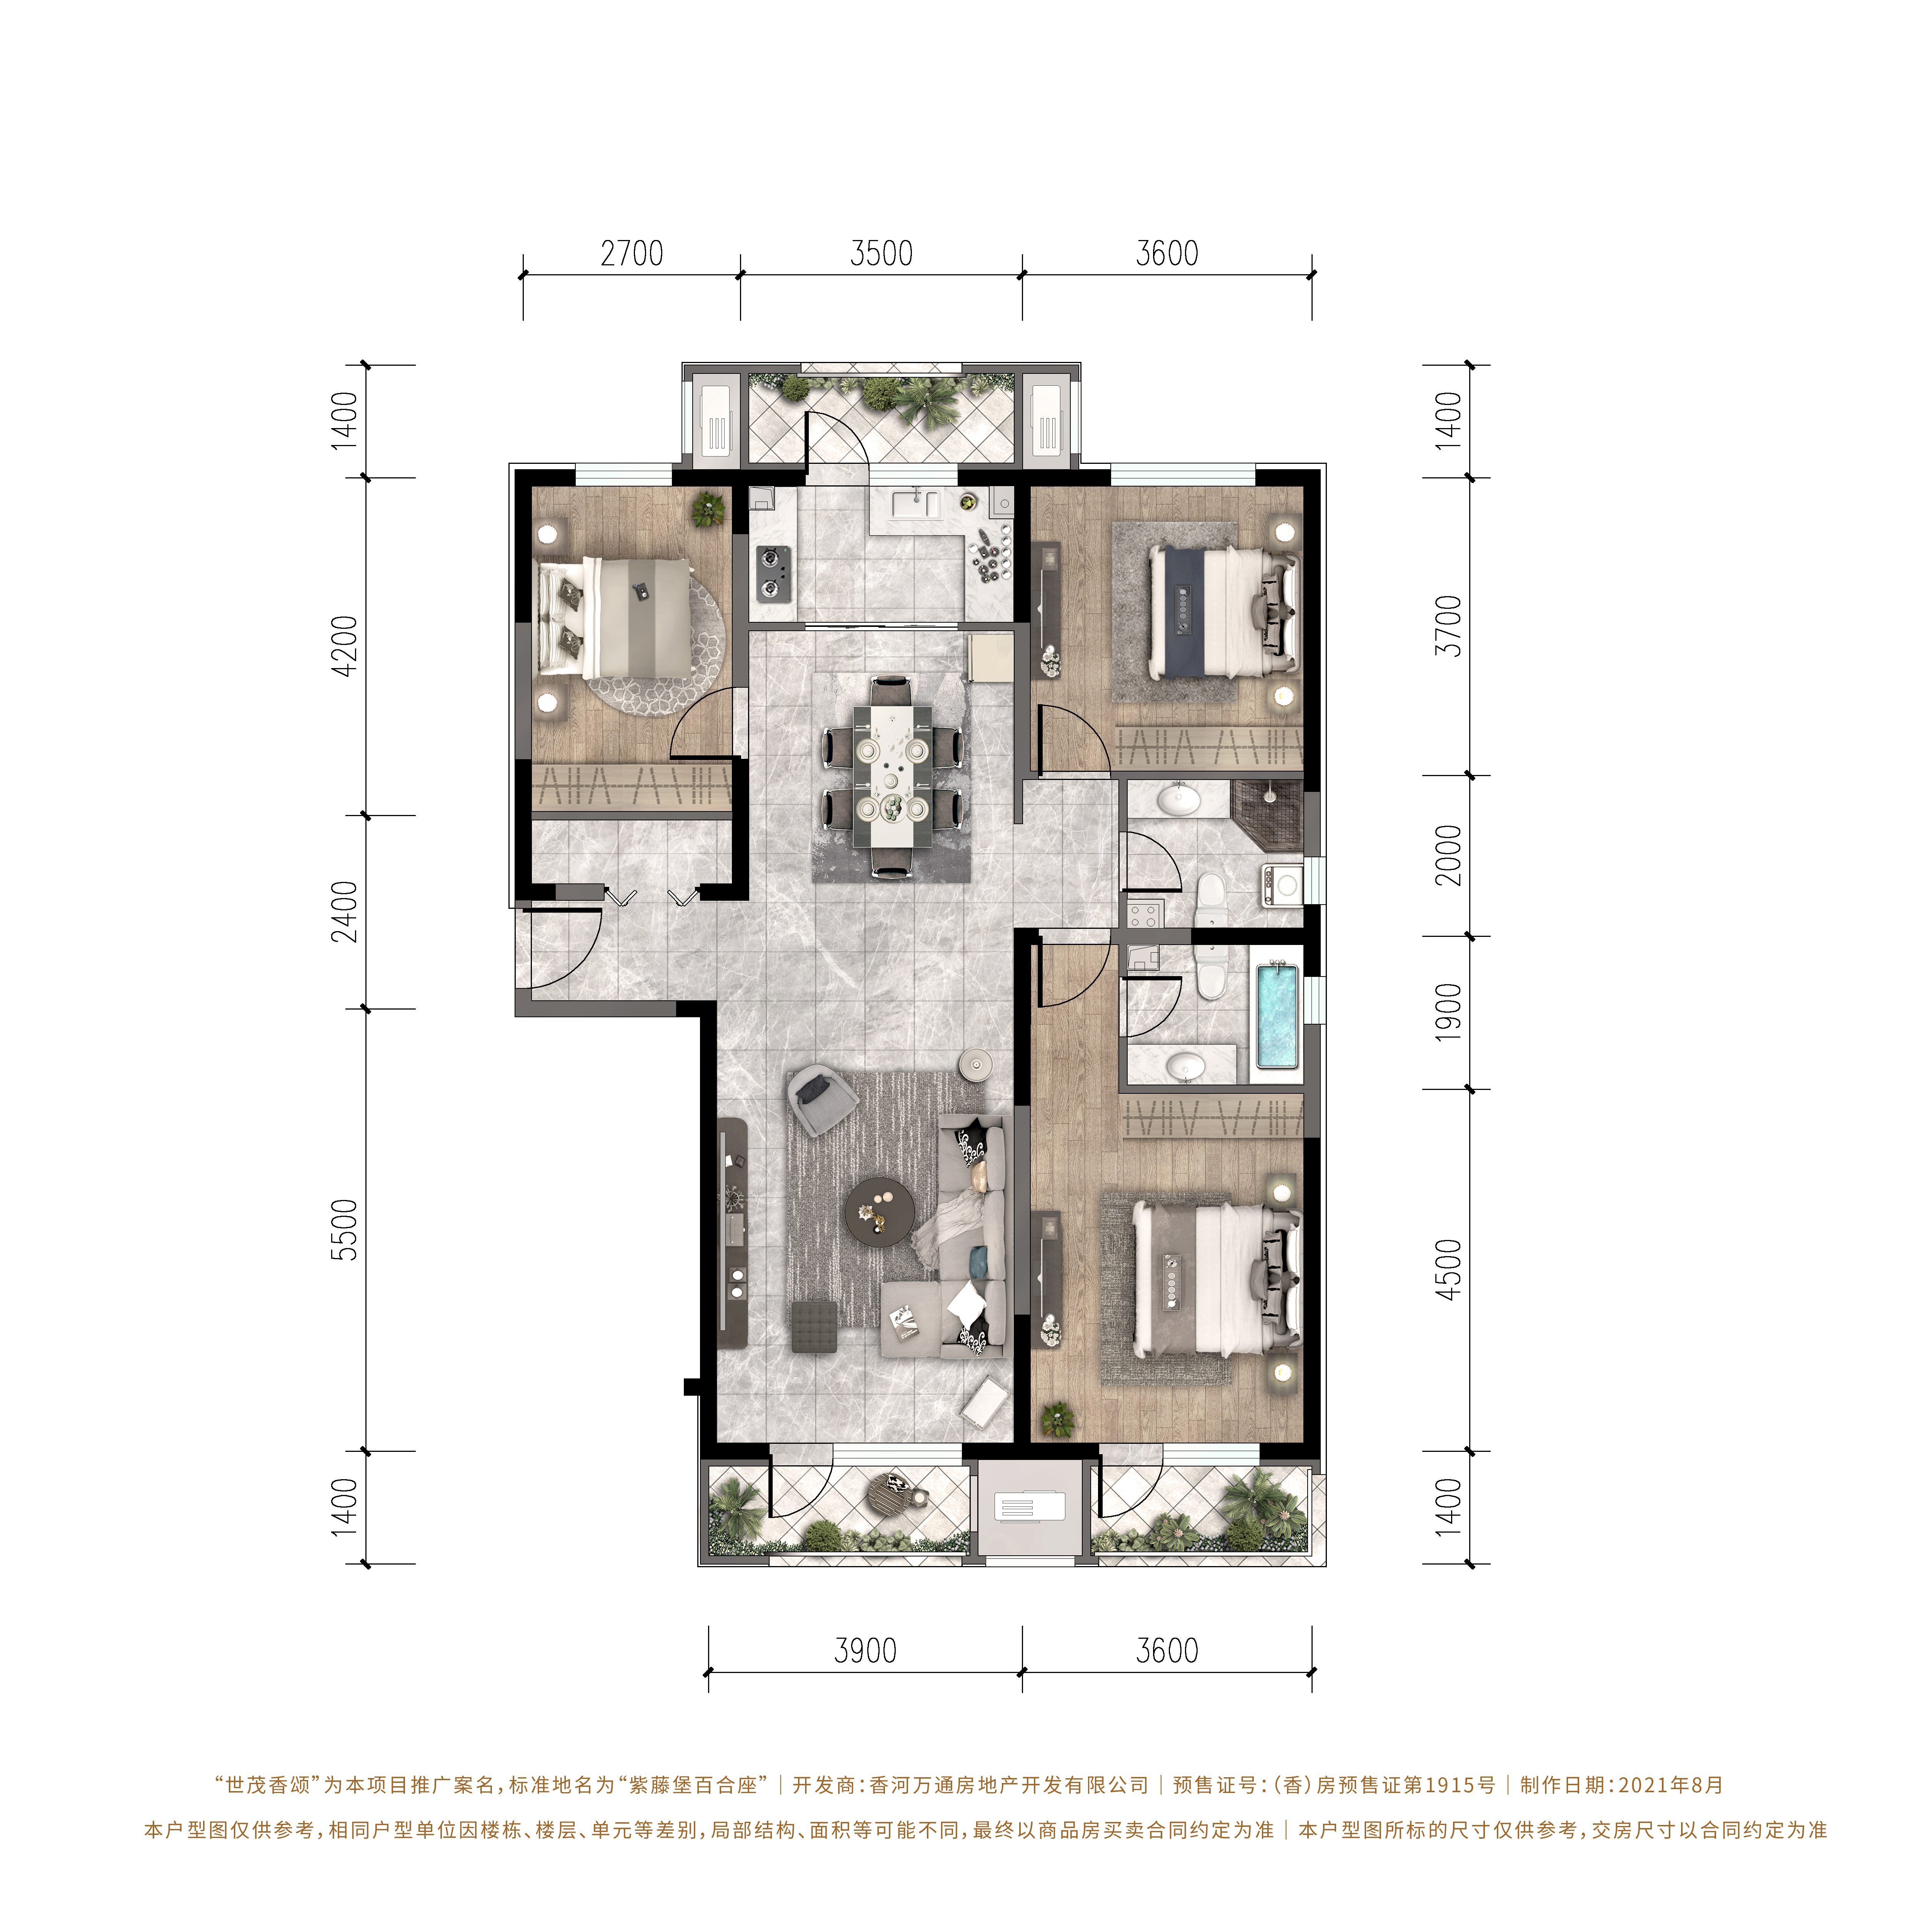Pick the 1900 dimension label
coord(1450,1012)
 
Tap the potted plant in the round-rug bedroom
coord(709,508)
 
